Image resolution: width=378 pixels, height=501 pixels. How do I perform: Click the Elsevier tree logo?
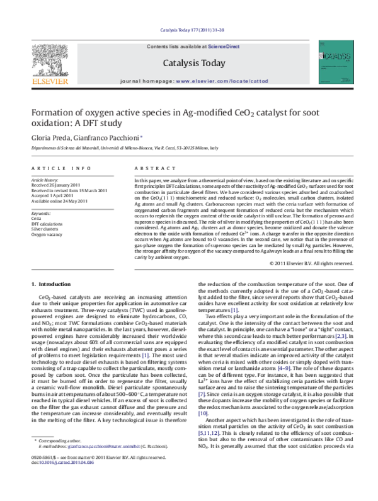pos(49,65)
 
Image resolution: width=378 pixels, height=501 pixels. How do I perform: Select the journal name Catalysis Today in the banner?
pos(189,63)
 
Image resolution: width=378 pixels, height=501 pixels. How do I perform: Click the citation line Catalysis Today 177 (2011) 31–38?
pos(189,29)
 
